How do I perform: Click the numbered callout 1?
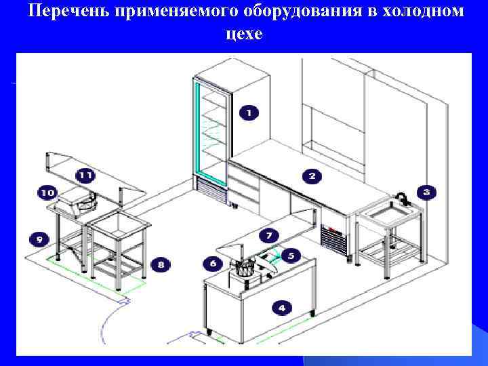(249, 112)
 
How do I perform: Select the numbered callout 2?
(312, 176)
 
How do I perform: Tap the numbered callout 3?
(426, 192)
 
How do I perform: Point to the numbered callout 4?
(281, 307)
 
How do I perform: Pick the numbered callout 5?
(291, 256)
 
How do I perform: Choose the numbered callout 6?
(213, 263)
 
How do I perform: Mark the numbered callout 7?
(269, 236)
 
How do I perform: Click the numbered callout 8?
(161, 264)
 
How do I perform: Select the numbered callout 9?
(39, 239)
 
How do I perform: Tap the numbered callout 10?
(47, 192)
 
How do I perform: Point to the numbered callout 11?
(85, 175)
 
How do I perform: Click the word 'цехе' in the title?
(244, 34)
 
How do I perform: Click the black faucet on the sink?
(401, 198)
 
